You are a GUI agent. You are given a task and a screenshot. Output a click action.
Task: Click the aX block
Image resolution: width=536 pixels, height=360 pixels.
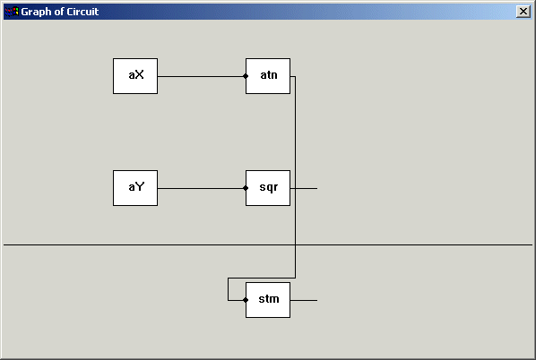click(x=135, y=76)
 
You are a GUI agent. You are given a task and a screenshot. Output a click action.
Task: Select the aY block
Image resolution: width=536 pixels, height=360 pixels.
click(x=135, y=188)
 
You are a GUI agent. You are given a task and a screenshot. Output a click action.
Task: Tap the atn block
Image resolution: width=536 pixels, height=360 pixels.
click(x=268, y=76)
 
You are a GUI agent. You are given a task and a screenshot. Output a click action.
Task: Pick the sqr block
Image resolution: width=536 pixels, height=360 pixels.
click(x=268, y=188)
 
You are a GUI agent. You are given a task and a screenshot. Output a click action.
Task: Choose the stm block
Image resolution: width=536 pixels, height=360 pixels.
click(x=268, y=300)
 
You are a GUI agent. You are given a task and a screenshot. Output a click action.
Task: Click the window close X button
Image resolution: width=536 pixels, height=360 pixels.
click(x=523, y=12)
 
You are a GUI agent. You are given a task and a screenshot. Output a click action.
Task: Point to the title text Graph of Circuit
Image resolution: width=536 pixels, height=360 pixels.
click(x=60, y=12)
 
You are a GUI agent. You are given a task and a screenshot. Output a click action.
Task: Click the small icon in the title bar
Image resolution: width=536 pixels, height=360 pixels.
click(x=12, y=12)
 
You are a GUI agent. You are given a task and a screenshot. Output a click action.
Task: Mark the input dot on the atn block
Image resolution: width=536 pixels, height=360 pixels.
click(x=246, y=76)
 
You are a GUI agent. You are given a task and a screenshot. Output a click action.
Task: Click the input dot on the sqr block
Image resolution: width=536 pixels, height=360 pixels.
click(x=246, y=188)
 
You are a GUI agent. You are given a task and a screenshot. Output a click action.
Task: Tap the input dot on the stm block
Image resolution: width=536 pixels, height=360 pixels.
click(x=246, y=300)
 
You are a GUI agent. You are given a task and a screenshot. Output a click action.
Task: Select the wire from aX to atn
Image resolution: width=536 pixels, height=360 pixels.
click(x=202, y=76)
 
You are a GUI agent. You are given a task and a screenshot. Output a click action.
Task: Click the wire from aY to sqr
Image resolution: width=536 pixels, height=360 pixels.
click(x=202, y=188)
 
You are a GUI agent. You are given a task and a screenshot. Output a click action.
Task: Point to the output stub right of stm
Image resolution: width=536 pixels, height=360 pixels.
click(x=304, y=300)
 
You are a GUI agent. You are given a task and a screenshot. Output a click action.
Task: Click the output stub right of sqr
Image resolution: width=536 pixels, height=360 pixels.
click(x=304, y=188)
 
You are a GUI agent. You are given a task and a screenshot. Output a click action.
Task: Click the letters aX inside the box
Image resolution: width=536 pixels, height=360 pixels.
click(x=136, y=75)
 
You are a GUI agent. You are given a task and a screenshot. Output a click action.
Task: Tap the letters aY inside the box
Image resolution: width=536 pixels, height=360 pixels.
click(x=136, y=187)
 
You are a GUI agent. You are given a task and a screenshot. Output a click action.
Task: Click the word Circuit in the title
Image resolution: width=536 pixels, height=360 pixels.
click(x=82, y=12)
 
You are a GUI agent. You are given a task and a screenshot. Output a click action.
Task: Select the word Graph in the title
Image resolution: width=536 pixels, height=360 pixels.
click(x=37, y=13)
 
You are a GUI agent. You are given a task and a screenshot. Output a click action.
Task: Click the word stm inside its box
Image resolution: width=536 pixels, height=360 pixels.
click(x=269, y=299)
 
